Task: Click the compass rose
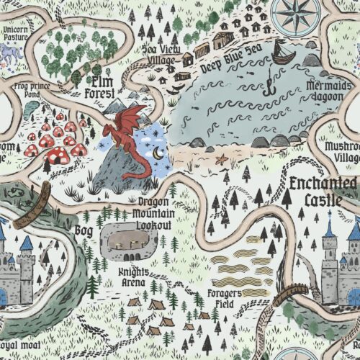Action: [x=296, y=16]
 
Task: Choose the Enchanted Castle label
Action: [x=321, y=189]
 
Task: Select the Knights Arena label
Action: [x=134, y=278]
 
